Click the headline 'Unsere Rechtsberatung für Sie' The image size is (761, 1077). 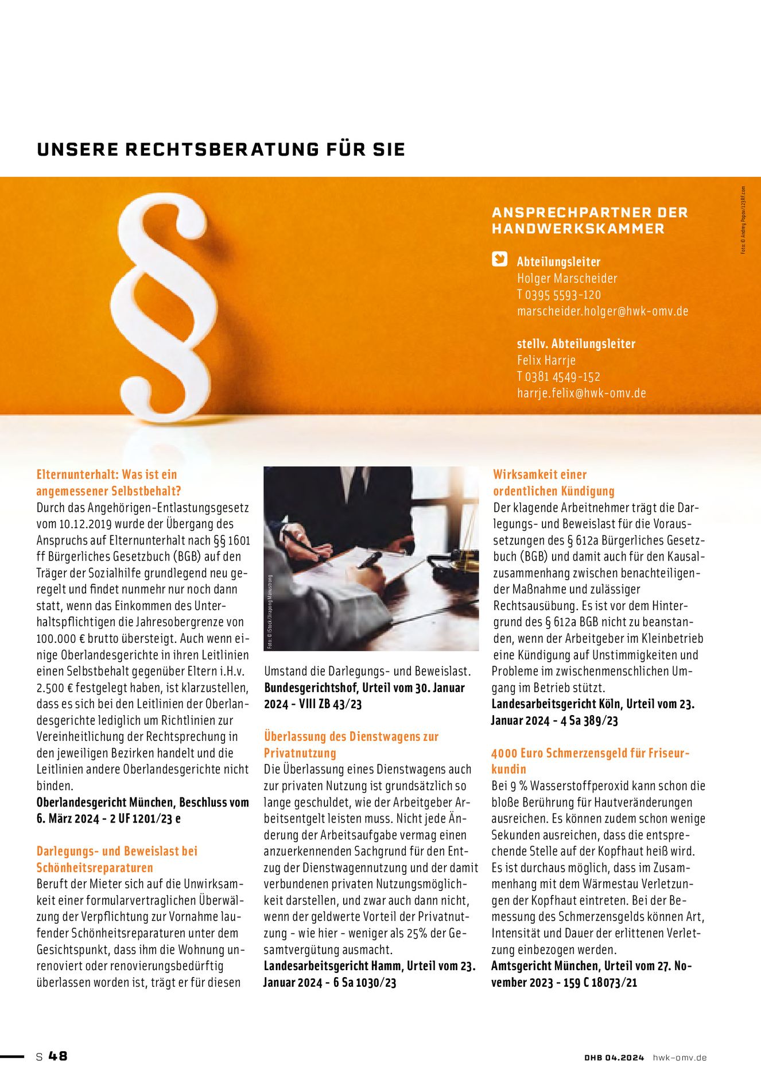221,149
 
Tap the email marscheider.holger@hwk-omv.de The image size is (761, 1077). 602,311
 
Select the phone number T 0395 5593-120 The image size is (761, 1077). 558,295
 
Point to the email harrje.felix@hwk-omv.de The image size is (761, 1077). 581,393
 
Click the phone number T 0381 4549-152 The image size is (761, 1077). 558,377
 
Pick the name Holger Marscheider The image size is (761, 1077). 566,279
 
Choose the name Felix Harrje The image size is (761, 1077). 546,361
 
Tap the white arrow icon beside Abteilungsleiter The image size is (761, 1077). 499,260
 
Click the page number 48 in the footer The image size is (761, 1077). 58,1056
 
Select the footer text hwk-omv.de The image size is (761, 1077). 680,1057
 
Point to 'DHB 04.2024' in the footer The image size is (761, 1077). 614,1057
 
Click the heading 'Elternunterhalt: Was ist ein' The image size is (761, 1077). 107,474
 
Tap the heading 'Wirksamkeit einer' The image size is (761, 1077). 539,474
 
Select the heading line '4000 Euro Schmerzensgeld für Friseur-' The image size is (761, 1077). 590,753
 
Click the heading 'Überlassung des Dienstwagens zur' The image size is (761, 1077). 351,736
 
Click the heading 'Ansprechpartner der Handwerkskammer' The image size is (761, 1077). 589,220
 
